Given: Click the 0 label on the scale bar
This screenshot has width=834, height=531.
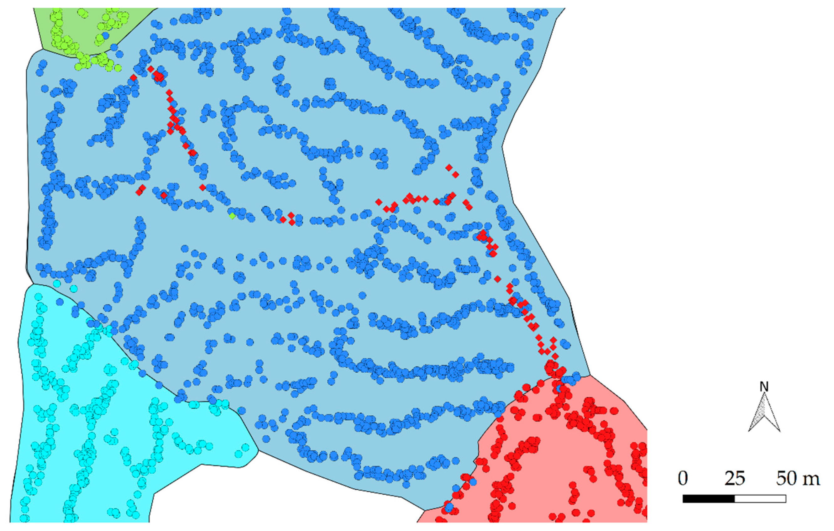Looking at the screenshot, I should click(x=683, y=479).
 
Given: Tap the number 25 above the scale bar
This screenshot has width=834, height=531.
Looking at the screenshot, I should click(x=735, y=479).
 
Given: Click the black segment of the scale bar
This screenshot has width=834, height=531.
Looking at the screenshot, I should click(x=709, y=499).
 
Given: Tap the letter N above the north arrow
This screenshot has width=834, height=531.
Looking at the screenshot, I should click(x=764, y=386).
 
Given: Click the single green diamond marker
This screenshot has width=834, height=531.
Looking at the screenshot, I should click(x=232, y=216).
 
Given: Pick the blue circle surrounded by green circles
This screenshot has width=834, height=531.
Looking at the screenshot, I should click(x=106, y=35).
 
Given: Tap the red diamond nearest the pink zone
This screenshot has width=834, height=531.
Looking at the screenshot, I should click(x=555, y=356).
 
